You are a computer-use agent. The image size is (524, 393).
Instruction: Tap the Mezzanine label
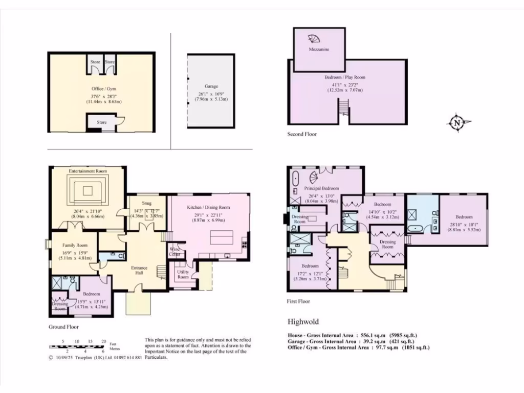[x=319, y=50]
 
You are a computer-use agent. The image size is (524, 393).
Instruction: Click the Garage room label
[x=211, y=86]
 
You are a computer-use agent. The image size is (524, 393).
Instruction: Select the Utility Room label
[x=183, y=274]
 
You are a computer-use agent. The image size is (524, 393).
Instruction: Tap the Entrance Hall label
[x=139, y=270]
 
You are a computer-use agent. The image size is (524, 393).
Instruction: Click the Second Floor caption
[x=302, y=134]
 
